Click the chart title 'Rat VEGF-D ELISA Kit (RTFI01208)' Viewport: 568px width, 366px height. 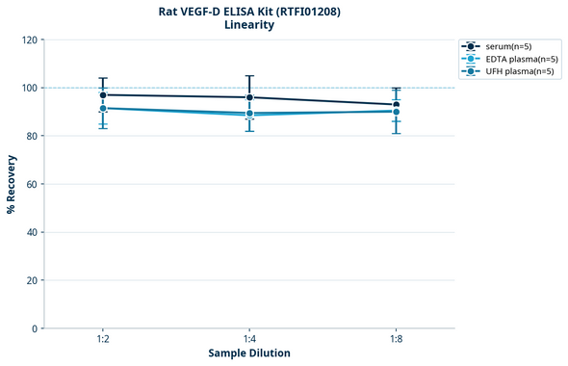coord(249,11)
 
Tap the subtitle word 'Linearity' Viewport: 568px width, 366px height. coord(249,25)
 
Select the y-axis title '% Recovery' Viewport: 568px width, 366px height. coord(12,184)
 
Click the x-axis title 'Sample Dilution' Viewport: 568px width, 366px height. coord(249,353)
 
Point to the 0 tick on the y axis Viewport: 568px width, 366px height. coord(35,328)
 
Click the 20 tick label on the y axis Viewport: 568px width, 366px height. coord(32,280)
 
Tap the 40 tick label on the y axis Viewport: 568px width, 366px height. coord(32,232)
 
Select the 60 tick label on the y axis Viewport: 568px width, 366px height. coord(32,184)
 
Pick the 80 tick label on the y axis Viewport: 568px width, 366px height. coord(32,136)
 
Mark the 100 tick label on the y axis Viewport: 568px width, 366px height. coord(29,88)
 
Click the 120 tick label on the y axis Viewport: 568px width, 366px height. coord(29,39)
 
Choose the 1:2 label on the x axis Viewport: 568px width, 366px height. coord(103,340)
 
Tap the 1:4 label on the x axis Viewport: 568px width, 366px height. coord(249,340)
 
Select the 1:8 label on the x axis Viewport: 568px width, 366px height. coord(396,340)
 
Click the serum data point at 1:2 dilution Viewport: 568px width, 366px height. coord(103,94)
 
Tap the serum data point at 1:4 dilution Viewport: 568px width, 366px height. coord(249,97)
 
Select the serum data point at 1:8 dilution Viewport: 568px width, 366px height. coord(396,104)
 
